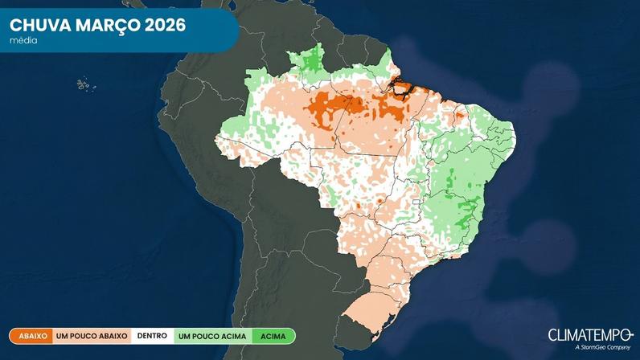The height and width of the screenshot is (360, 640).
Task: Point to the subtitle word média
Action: point(23,40)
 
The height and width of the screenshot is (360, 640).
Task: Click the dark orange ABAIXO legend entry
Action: point(31,336)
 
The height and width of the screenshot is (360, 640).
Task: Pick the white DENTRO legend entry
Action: point(152,336)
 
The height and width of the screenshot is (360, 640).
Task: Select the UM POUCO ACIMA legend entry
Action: point(211,336)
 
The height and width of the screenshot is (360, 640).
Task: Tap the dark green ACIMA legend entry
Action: point(273,336)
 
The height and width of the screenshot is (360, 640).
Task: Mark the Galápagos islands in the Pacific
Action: point(83,84)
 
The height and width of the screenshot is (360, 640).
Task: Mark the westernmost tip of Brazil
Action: point(215,140)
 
